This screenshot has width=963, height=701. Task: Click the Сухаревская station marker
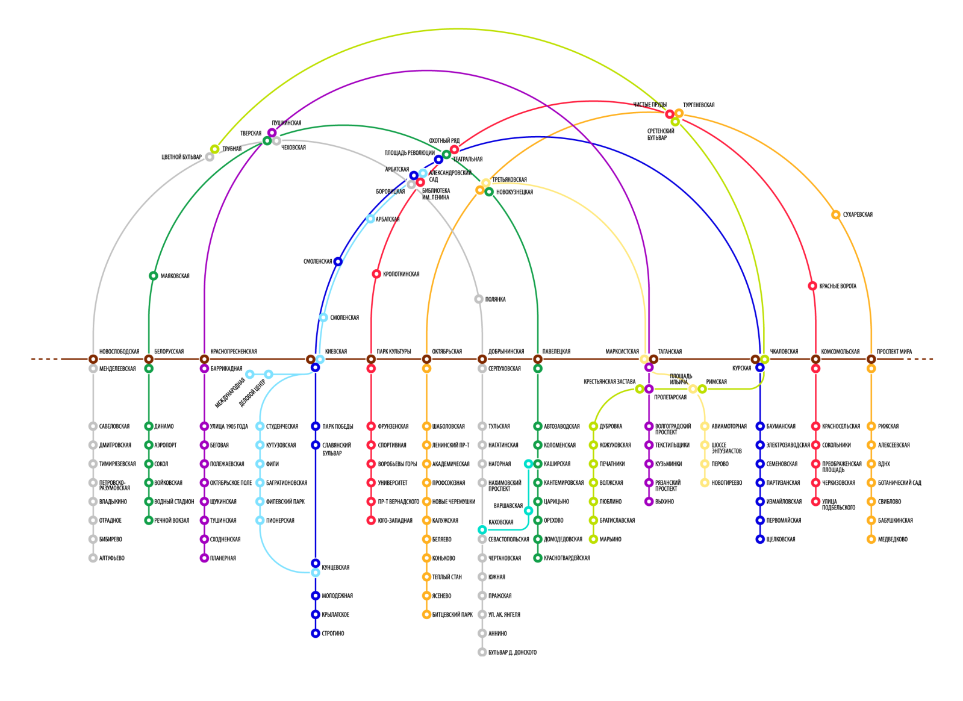(835, 215)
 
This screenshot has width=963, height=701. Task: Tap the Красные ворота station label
(837, 286)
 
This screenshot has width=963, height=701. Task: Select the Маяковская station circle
(154, 276)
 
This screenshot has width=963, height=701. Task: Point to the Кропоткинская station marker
(376, 274)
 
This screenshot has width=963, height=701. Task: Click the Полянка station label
(495, 299)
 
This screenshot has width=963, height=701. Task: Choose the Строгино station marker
(315, 634)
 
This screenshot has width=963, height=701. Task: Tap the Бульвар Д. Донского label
(512, 652)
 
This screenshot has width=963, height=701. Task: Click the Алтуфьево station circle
(93, 558)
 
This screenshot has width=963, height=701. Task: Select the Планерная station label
(223, 558)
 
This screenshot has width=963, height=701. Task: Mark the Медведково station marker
(871, 540)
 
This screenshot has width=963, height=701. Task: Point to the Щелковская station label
(781, 540)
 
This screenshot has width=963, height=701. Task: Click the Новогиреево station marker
(705, 483)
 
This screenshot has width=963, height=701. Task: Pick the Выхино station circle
(649, 502)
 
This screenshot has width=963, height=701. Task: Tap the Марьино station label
(610, 540)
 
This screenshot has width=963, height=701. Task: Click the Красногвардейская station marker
(538, 558)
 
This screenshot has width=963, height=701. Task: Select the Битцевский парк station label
(452, 615)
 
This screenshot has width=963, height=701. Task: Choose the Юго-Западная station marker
(371, 520)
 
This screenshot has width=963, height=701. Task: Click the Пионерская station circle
(260, 520)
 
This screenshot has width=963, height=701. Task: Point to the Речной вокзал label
(172, 520)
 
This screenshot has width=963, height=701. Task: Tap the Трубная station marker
(214, 149)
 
